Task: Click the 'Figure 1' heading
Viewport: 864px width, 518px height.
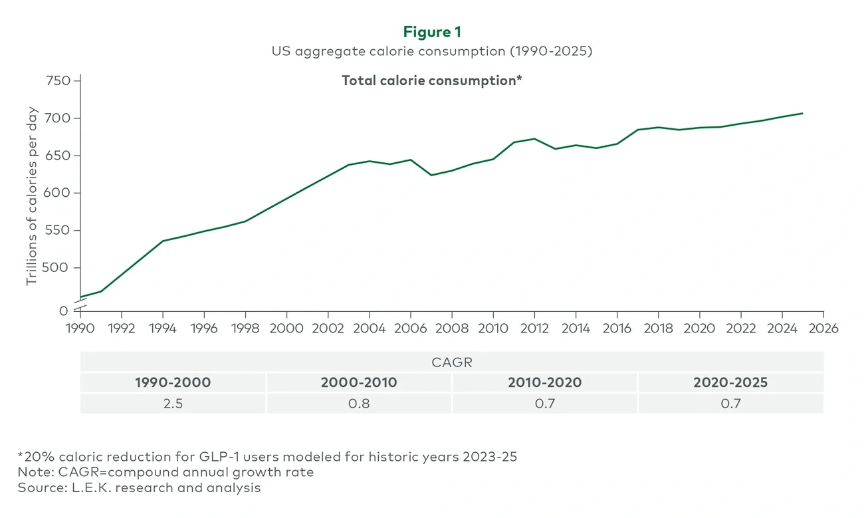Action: [431, 33]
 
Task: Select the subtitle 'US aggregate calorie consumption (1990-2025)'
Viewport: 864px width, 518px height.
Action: [431, 51]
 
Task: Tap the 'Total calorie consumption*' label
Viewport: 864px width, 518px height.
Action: [431, 80]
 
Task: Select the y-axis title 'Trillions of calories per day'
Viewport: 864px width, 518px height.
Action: [32, 196]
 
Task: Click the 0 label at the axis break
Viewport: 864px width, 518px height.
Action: [64, 311]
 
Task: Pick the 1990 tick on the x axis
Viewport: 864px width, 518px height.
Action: [80, 328]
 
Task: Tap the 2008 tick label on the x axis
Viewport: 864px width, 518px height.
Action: [451, 328]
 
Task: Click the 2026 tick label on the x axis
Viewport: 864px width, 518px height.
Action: [823, 328]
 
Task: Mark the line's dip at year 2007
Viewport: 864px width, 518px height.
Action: [431, 175]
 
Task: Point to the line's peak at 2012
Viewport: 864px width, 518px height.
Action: [534, 138]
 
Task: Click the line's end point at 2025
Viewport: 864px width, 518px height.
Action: [803, 113]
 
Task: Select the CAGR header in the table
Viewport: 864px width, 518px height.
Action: [451, 362]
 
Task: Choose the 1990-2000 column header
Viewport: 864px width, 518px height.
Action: [173, 382]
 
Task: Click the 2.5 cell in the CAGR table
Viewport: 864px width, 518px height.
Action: [173, 403]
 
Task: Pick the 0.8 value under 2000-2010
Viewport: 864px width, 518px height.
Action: [359, 403]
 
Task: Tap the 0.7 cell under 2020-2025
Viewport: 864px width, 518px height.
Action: [730, 403]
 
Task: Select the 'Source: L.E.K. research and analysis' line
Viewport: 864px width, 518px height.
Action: [140, 487]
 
